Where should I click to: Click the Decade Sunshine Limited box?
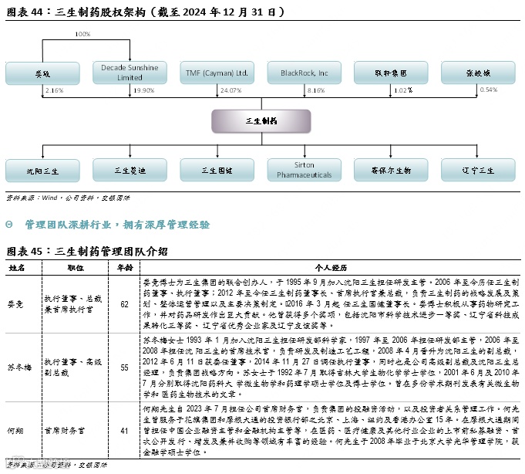[x=130, y=73]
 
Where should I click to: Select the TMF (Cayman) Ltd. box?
[x=217, y=73]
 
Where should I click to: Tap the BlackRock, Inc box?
[x=304, y=73]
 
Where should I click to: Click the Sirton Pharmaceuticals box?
[x=304, y=170]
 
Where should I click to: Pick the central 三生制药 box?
[x=261, y=121]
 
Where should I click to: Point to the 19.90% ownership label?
[x=143, y=90]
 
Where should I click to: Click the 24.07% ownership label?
[x=231, y=90]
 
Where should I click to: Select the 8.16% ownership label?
[x=316, y=90]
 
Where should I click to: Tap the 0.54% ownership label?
[x=489, y=90]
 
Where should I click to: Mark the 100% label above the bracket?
[x=82, y=35]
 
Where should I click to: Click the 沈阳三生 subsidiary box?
[x=42, y=170]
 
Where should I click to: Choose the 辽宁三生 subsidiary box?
[x=478, y=170]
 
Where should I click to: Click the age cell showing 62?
[x=124, y=304]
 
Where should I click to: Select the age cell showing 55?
[x=124, y=367]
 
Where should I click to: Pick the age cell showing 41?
[x=124, y=431]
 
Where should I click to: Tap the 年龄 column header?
[x=124, y=266]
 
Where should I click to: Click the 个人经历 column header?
[x=331, y=266]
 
